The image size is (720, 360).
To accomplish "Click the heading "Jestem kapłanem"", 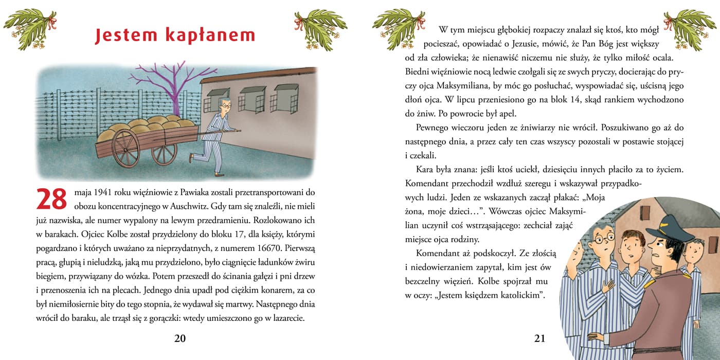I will pyautogui.click(x=175, y=35).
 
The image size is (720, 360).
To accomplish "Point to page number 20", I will pyautogui.click(x=180, y=338).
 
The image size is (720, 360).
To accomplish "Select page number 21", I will pyautogui.click(x=539, y=338).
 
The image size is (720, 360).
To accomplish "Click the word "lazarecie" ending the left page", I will pyautogui.click(x=285, y=318).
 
